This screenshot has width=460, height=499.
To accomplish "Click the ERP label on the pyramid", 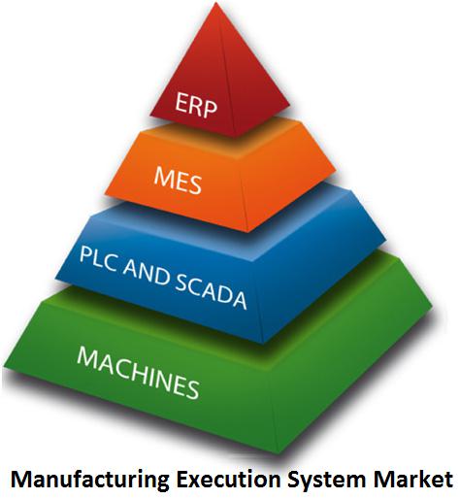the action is click(196, 104).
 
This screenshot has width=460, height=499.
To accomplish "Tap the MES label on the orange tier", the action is click(178, 180).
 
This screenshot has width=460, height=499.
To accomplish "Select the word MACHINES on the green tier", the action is click(138, 372).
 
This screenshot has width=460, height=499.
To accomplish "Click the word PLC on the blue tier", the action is click(98, 259).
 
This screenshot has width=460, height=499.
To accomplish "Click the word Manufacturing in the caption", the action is click(90, 480).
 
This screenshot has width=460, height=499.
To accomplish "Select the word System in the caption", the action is click(326, 480).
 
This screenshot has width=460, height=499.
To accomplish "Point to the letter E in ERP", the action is click(181, 101).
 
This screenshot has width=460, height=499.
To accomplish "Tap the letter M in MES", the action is click(163, 176).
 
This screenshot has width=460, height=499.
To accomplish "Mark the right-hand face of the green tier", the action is click(352, 366).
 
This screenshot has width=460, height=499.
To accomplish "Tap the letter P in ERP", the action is click(210, 109).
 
